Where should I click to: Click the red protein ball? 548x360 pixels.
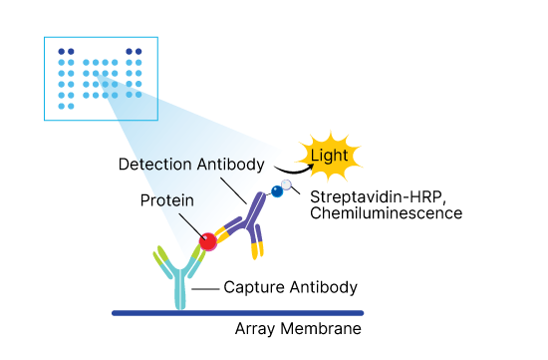point(208,241)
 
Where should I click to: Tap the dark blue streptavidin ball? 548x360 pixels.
point(276,191)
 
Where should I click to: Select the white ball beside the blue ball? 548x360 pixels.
point(288,184)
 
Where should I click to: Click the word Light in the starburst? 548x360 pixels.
point(329,156)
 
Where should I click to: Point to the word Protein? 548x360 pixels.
point(167,199)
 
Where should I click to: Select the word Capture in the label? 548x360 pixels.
point(251,287)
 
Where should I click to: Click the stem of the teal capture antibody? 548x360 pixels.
point(179,294)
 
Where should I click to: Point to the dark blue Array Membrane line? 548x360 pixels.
point(249,313)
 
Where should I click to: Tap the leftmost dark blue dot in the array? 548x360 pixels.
point(62,51)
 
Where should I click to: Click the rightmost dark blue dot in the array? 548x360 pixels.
point(139,51)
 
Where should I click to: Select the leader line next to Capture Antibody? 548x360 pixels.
point(204,288)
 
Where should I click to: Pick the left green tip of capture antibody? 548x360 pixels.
point(157,262)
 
